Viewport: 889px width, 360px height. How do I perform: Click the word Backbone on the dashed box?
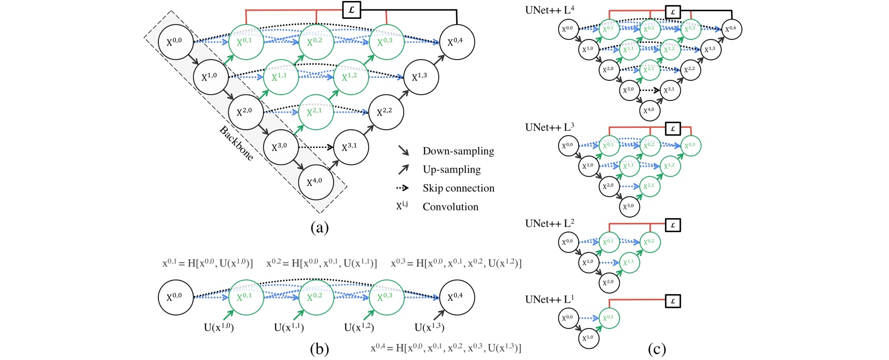click(236, 143)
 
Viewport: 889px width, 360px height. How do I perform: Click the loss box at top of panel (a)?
click(351, 9)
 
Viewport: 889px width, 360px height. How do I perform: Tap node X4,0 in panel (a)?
click(316, 182)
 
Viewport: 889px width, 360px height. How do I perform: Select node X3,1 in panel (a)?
click(351, 147)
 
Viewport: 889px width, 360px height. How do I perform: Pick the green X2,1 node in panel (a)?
click(316, 112)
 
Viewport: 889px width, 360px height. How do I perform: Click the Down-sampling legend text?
click(458, 151)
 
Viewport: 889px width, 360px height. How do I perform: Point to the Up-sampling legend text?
click(452, 169)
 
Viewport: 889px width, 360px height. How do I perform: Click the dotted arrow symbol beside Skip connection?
click(403, 188)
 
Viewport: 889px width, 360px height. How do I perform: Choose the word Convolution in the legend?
click(450, 207)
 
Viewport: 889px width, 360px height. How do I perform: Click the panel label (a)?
click(320, 228)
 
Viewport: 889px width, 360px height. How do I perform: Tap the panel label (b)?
click(320, 349)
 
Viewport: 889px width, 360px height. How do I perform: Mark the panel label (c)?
click(656, 349)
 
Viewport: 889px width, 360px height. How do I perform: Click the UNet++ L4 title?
click(549, 9)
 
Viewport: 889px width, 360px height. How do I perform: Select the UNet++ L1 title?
click(549, 299)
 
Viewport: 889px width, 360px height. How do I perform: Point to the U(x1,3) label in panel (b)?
click(429, 328)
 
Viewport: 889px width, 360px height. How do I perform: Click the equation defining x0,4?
click(446, 348)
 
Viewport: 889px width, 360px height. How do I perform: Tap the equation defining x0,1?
click(208, 263)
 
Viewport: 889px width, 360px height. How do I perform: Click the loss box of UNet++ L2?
click(673, 225)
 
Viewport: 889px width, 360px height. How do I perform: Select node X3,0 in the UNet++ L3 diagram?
click(629, 207)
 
